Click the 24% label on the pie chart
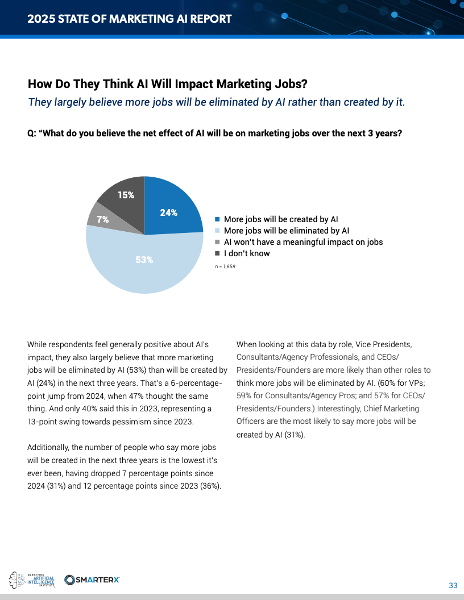point(168,213)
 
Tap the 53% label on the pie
point(144,260)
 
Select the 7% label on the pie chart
point(102,219)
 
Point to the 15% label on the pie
point(126,195)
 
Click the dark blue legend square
point(217,219)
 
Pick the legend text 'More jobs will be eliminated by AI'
point(286,231)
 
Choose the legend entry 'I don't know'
point(247,253)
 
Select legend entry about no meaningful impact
point(303,242)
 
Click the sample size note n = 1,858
point(225,266)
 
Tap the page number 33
point(453,585)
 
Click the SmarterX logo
point(92,580)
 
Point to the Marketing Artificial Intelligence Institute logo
point(32,580)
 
